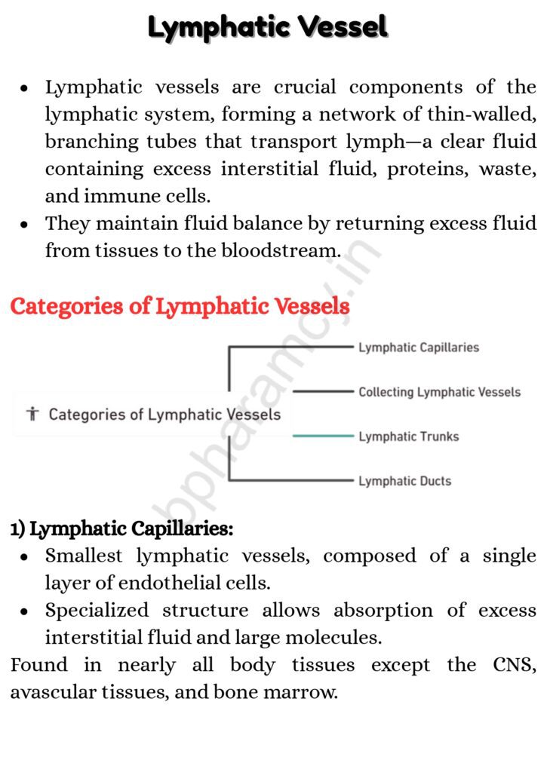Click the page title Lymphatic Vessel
(268, 27)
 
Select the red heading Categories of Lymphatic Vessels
(180, 307)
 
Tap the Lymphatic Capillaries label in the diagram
(419, 348)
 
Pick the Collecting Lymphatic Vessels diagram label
(439, 392)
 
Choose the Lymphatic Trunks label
(408, 437)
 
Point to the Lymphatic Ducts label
(404, 481)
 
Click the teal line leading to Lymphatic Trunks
(323, 437)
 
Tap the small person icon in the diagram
(32, 414)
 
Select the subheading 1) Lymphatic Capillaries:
(121, 529)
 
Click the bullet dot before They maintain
(25, 225)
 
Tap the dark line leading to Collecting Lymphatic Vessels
(323, 392)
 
